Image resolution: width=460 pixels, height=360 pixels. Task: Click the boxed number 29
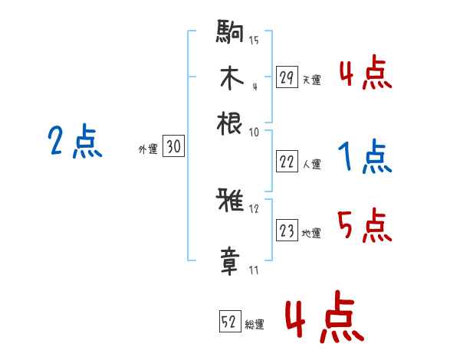click(x=286, y=77)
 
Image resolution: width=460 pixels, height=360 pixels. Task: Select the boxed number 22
click(x=286, y=162)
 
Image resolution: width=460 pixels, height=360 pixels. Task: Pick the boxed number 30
click(x=174, y=147)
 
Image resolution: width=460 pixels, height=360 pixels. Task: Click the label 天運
click(x=311, y=79)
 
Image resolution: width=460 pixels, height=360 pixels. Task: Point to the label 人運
click(x=311, y=163)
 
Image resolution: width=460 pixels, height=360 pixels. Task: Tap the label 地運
click(x=311, y=233)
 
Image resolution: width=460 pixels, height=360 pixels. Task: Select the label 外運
click(x=148, y=149)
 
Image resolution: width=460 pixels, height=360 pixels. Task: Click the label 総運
click(x=255, y=324)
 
